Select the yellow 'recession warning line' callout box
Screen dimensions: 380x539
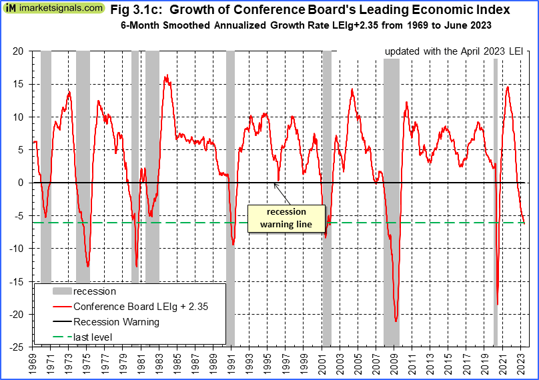286,218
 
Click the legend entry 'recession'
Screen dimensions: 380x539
94,291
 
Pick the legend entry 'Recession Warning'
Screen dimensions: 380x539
116,322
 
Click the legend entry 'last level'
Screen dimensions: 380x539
93,337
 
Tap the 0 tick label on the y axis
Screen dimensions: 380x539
21,183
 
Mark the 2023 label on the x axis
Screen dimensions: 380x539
522,363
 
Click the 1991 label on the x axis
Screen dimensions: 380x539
232,363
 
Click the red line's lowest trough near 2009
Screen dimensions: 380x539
396,321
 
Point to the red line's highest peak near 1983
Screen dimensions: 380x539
166,75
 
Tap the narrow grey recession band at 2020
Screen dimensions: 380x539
496,200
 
